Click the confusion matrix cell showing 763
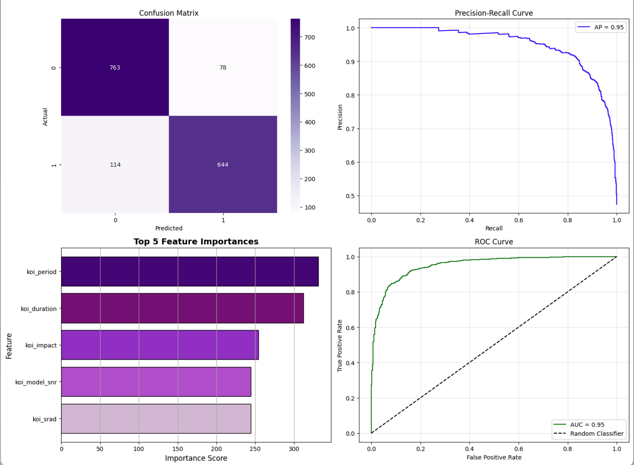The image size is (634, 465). [x=115, y=67]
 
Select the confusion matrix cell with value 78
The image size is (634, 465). [x=223, y=67]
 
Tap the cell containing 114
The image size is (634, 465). [x=115, y=165]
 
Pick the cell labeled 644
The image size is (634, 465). [x=223, y=165]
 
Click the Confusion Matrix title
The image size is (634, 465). [x=169, y=13]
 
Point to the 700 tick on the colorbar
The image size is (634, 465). [x=309, y=37]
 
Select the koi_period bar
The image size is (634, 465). [x=190, y=271]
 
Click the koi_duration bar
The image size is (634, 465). [x=182, y=308]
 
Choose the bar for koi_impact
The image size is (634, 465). [x=160, y=345]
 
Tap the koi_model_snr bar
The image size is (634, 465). [x=156, y=382]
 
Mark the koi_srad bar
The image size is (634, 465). [x=156, y=418]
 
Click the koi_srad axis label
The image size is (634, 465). [x=44, y=419]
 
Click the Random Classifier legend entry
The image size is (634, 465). [x=596, y=434]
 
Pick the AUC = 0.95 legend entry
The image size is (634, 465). [x=587, y=425]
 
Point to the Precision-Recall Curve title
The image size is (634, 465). [x=494, y=13]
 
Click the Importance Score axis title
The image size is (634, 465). [x=196, y=458]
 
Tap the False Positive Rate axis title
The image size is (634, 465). [x=494, y=457]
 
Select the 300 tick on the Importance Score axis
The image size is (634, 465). [x=294, y=449]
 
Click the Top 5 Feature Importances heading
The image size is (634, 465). [x=196, y=241]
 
